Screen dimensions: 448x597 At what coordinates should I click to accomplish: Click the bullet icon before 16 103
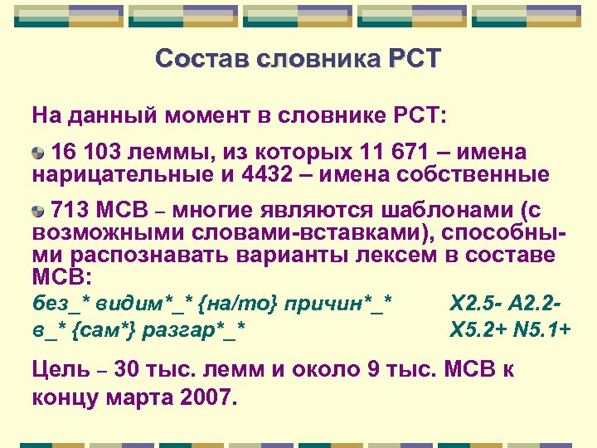[38, 153]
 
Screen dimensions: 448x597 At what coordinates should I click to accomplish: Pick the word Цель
[60, 369]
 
